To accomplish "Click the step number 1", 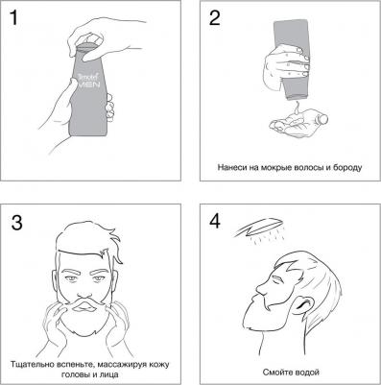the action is pos(13,17).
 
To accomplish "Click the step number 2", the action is pos(214,17).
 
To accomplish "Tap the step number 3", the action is pos(16,223).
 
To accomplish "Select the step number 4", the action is pos(215,221).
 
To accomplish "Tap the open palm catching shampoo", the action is pos(298,121).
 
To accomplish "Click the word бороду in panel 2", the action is pos(347,167).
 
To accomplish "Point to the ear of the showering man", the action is pos(303,304).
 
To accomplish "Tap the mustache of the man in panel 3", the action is pos(85,304).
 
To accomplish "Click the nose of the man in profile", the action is pos(261,291).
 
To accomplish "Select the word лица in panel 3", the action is pos(109,374).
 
